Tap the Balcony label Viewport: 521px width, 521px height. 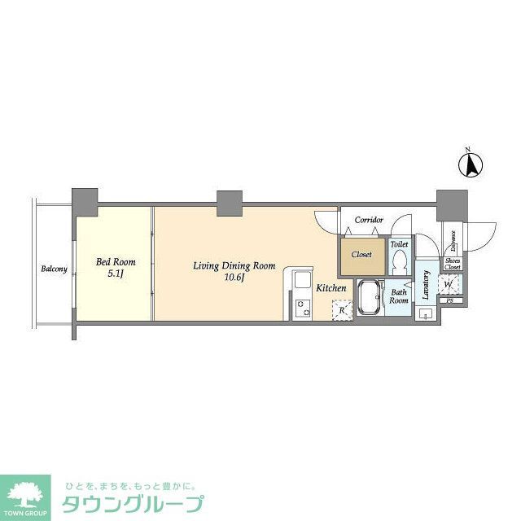54,269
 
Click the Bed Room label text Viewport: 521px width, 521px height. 116,262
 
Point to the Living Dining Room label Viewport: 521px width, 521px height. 234,266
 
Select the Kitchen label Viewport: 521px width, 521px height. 331,288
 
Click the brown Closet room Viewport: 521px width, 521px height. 361,255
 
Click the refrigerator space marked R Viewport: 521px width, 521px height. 343,310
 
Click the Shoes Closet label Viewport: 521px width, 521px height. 453,264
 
